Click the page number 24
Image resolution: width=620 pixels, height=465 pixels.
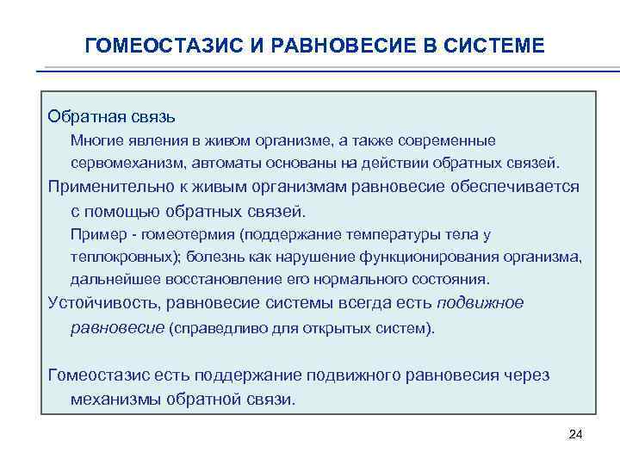pos(576,437)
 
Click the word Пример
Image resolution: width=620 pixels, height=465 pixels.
pos(95,234)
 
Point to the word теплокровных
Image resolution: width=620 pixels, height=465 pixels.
pos(113,257)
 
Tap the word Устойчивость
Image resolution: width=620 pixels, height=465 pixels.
pos(103,303)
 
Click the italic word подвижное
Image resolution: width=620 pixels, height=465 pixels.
pos(480,303)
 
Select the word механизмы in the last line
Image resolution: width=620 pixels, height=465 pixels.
pos(111,400)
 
